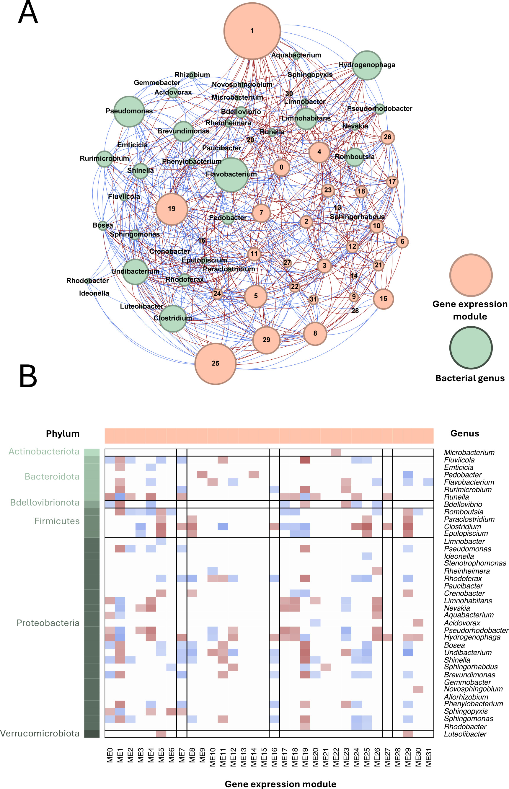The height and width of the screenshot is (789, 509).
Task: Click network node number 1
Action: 252,31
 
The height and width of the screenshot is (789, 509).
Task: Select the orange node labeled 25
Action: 216,363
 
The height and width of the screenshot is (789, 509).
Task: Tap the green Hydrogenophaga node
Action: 367,65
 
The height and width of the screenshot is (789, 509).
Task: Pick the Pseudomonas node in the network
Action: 129,111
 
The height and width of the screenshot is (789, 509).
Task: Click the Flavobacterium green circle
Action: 231,175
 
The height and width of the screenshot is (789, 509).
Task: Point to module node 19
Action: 172,209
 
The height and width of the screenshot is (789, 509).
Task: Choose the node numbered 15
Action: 384,299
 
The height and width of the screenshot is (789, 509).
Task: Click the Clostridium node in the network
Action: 173,318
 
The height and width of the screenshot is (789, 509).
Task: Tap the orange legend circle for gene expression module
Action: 471,275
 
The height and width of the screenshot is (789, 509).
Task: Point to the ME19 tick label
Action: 305,757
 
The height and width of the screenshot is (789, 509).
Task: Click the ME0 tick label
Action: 110,757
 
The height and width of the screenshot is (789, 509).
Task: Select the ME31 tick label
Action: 428,757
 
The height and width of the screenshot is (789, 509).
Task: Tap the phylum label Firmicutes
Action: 57,521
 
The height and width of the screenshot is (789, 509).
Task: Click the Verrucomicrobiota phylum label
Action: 40,733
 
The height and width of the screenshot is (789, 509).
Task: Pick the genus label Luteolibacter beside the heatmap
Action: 465,734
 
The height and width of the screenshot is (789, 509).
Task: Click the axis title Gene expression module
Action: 280,784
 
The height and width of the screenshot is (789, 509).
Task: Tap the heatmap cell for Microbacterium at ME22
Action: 336,452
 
